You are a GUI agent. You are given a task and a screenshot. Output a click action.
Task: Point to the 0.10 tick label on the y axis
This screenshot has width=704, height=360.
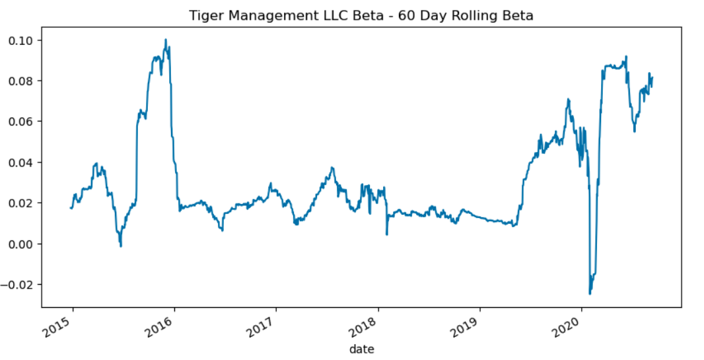22,40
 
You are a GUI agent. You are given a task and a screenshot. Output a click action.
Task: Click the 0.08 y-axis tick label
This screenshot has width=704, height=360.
22,81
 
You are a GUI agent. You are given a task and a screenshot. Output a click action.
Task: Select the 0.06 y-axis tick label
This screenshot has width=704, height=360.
22,122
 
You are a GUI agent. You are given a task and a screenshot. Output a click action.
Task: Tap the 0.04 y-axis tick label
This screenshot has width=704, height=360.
22,162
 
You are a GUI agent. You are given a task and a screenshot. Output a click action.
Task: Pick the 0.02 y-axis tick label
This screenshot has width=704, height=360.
22,203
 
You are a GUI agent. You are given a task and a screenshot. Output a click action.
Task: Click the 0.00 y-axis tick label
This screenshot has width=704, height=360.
22,244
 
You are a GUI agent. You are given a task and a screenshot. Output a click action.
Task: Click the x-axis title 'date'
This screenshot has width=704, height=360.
361,348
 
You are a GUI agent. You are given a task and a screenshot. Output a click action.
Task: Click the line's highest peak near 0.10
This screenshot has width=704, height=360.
166,40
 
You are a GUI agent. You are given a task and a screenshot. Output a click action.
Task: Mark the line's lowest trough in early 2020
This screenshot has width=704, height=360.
590,293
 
